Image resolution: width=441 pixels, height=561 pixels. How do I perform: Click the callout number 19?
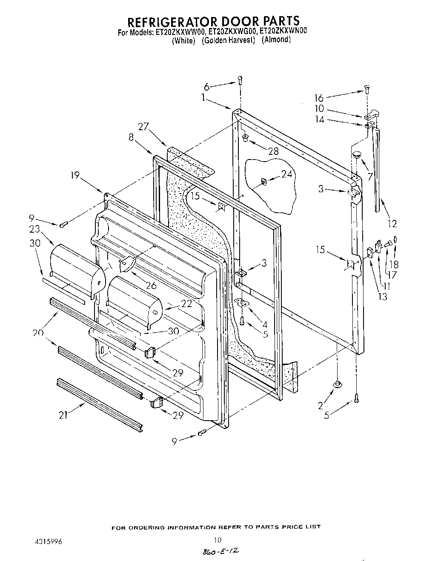(x=75, y=175)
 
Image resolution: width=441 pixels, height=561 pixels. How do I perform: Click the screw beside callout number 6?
(x=240, y=79)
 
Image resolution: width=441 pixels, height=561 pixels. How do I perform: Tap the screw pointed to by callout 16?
(x=366, y=90)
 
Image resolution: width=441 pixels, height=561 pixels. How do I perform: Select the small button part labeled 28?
(x=246, y=137)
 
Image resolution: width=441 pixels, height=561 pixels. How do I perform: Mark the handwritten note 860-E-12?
(x=220, y=551)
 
